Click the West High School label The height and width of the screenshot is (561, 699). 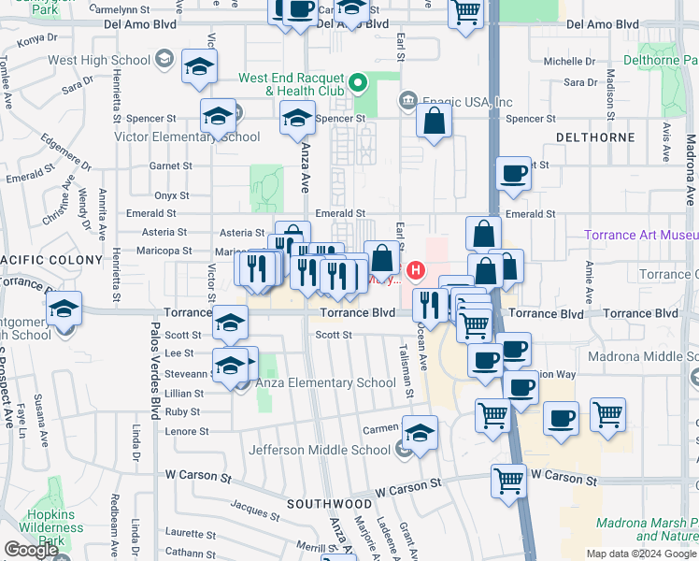[98, 60]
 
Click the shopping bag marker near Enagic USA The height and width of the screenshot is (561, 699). [434, 121]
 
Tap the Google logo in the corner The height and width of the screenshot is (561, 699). [31, 550]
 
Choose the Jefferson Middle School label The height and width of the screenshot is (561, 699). [319, 450]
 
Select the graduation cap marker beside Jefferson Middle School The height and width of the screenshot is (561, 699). [421, 432]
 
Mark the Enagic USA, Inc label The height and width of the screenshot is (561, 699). [467, 101]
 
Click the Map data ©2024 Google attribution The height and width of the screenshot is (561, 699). [641, 554]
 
